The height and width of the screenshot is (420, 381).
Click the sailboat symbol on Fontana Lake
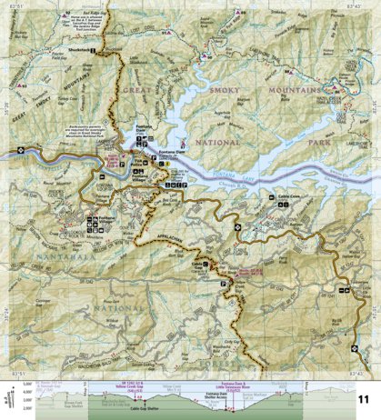click(x=186, y=143)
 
